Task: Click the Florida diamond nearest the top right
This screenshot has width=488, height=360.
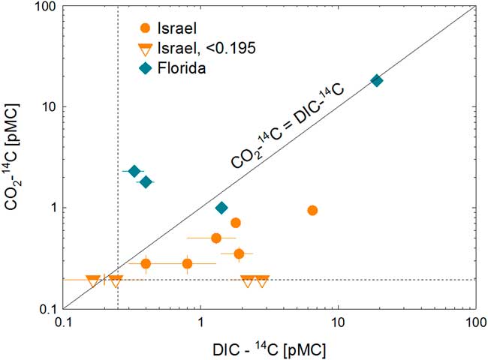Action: coord(377,80)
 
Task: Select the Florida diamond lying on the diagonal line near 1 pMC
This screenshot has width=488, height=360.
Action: coord(221,208)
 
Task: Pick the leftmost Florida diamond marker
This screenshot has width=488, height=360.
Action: coord(134,172)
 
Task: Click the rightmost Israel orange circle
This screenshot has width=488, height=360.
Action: coord(312,211)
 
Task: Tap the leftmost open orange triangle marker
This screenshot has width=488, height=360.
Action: coord(93,280)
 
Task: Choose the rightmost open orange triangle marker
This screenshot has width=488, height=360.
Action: coord(262,280)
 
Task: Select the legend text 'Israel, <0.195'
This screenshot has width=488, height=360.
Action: coord(197,49)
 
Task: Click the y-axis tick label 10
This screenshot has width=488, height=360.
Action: coord(49,107)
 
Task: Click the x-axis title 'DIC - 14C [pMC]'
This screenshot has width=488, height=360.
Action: coord(270,346)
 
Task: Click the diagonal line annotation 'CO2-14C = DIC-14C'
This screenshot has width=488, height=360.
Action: coord(288,128)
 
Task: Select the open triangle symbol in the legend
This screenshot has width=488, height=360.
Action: coord(145,49)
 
